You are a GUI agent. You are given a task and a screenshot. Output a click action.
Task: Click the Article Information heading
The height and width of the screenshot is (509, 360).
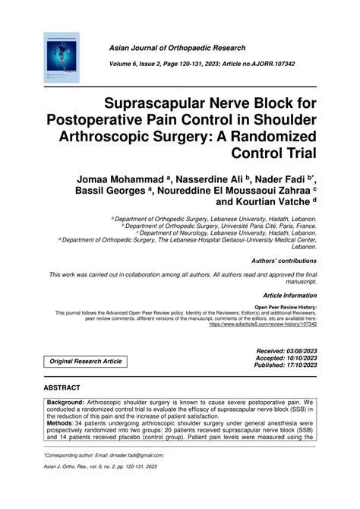pos(290,294)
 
